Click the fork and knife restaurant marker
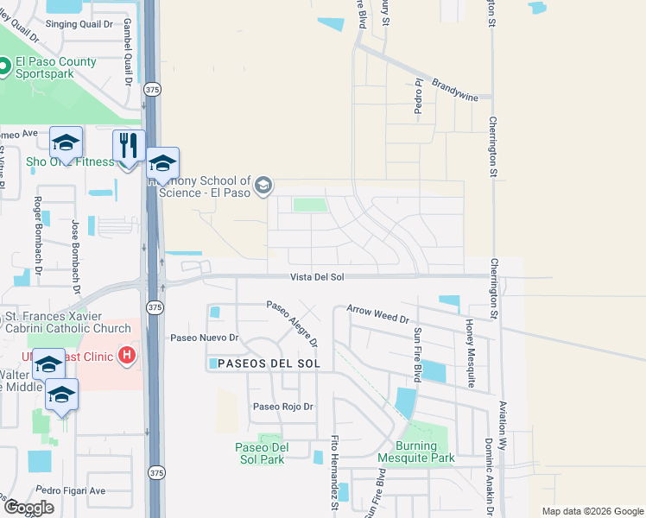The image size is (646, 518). tap(129, 146)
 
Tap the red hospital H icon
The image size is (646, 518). tap(128, 354)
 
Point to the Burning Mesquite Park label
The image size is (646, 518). tap(425, 452)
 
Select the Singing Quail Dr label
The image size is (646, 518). tap(79, 24)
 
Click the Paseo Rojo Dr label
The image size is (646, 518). tap(282, 407)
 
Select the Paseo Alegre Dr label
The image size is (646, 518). tap(292, 323)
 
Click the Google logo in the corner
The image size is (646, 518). tap(28, 507)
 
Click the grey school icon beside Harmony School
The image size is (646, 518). tap(263, 185)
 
